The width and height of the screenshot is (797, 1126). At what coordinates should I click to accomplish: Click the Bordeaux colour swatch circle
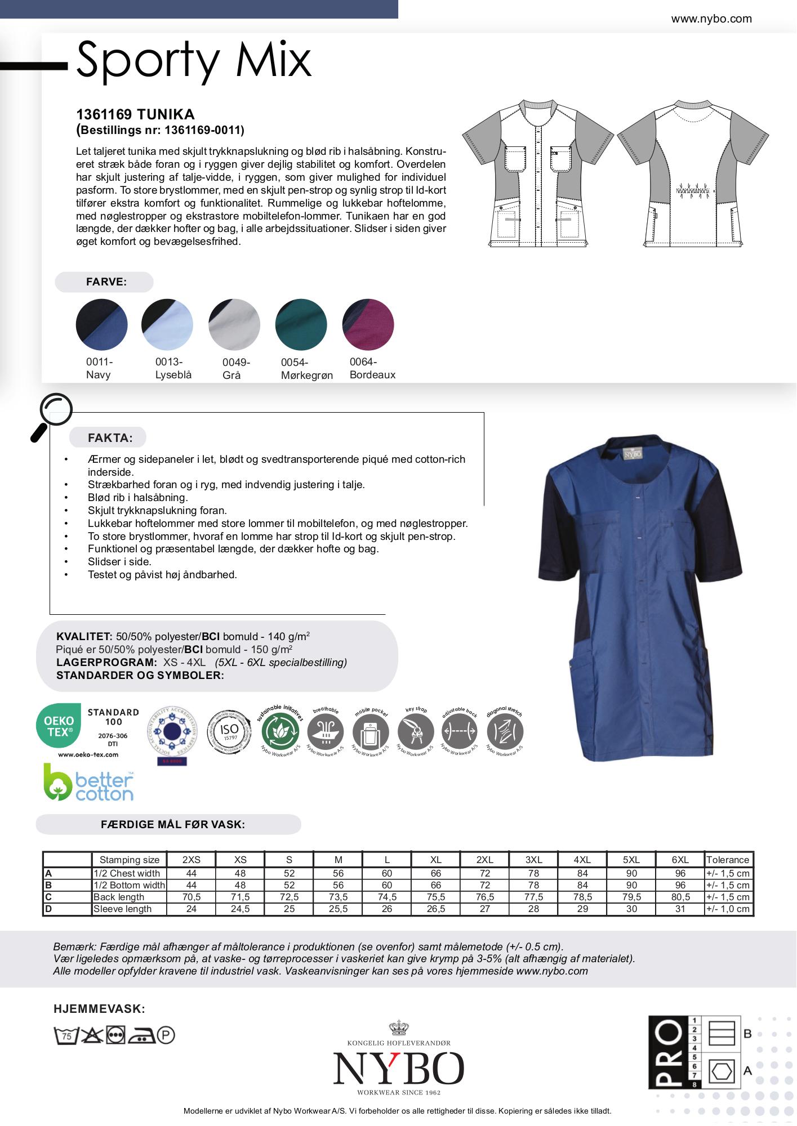coord(368,324)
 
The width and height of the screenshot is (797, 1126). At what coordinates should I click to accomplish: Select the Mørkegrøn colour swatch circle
coord(301,324)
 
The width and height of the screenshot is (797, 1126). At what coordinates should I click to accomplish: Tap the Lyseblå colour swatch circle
coord(167,324)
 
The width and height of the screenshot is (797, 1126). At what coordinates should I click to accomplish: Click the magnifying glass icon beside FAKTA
coord(52,415)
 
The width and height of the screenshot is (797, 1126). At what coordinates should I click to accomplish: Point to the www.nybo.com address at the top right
coord(711,19)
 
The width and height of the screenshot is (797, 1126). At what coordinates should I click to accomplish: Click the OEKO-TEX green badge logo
coord(59,726)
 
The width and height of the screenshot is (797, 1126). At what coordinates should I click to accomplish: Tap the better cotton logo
coord(89,783)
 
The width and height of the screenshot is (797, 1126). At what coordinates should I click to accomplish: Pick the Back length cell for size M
coord(338,897)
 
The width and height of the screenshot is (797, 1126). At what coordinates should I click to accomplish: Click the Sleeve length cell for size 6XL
coord(680,909)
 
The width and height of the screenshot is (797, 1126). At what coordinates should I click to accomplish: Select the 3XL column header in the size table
coord(533,860)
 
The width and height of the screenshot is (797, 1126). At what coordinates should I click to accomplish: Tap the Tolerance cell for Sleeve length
coord(728,909)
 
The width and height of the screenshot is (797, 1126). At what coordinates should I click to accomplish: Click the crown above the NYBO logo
coord(398,1029)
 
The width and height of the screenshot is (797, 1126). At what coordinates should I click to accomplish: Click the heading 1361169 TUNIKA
coord(135,114)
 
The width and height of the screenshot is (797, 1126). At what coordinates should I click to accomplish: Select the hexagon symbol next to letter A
coord(722,1070)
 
